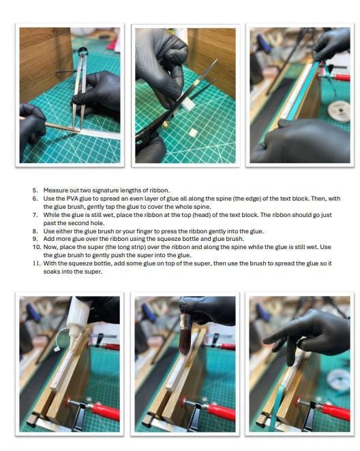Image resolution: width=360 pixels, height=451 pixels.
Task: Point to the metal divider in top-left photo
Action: click(x=78, y=96)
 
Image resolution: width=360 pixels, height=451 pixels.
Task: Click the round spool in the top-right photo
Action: click(x=338, y=109)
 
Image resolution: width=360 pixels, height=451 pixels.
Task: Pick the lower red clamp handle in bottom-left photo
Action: click(x=106, y=410)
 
